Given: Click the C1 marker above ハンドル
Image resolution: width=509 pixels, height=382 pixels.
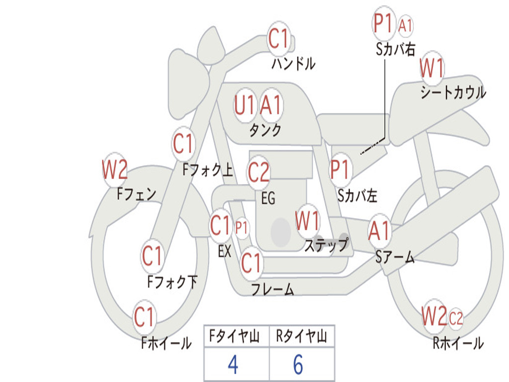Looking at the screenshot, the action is pyautogui.click(x=278, y=39).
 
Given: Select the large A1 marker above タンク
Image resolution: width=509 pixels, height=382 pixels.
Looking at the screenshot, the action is pyautogui.click(x=270, y=105).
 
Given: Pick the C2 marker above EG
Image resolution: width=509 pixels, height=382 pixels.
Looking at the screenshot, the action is pyautogui.click(x=258, y=173).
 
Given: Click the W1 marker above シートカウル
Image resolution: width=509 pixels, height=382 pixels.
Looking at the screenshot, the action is pyautogui.click(x=432, y=68).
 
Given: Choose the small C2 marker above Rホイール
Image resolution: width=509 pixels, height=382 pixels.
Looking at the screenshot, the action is pyautogui.click(x=456, y=317).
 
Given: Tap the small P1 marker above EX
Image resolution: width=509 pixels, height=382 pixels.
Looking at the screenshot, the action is pyautogui.click(x=241, y=228).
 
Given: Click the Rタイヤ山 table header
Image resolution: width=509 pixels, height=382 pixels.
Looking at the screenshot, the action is pyautogui.click(x=302, y=337).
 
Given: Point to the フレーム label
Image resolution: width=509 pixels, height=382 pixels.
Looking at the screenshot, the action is pyautogui.click(x=273, y=289).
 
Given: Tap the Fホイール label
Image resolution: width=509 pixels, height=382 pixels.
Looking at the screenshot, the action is pyautogui.click(x=166, y=343).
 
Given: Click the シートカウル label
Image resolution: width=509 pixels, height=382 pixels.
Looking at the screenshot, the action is pyautogui.click(x=453, y=92).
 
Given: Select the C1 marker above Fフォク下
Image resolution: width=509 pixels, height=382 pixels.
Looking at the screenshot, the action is pyautogui.click(x=152, y=256).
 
